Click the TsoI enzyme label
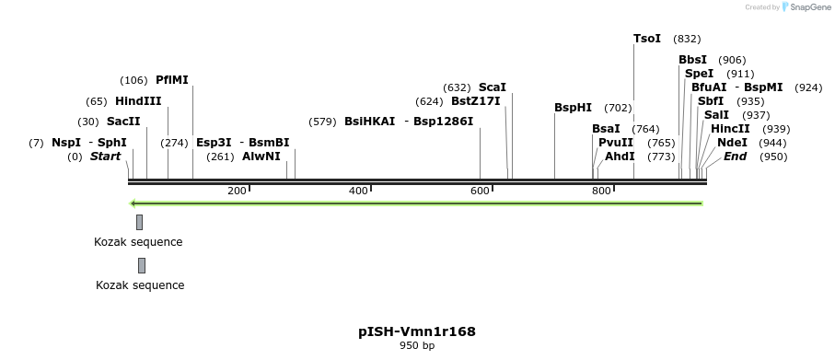point(647,39)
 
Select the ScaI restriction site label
point(492,87)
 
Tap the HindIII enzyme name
point(138,101)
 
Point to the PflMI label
point(172,80)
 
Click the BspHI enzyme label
point(573,108)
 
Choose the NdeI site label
point(732,143)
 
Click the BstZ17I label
point(475,101)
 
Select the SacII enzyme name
point(123,122)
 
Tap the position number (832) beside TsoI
point(687,39)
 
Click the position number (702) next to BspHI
point(618,108)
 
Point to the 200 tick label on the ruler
point(237,191)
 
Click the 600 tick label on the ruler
point(480,191)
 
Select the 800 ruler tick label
point(601,191)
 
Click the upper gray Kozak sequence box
point(139,222)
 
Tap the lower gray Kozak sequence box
point(142,266)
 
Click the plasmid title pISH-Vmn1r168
point(417,331)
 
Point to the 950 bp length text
point(417,346)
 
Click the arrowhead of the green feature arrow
point(134,203)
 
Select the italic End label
point(735,157)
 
